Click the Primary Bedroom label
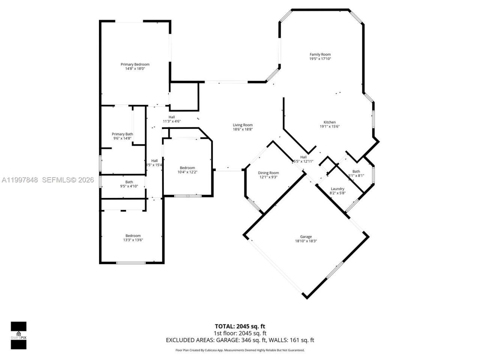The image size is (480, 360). (135, 64)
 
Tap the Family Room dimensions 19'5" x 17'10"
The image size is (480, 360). (320, 59)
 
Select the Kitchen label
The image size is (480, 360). (330, 122)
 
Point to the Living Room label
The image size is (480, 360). (243, 125)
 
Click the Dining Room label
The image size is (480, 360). (268, 173)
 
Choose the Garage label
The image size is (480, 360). (306, 237)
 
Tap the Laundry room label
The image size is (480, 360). (337, 189)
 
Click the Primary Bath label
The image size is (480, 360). (122, 134)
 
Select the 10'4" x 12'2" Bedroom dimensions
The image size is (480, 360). (187, 172)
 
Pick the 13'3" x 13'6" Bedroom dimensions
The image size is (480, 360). (133, 240)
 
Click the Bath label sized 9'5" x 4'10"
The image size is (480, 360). (129, 182)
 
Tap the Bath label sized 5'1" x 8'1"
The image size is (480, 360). (356, 171)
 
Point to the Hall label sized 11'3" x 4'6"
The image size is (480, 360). (172, 117)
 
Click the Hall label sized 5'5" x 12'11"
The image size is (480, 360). (303, 157)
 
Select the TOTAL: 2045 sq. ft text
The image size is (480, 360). (240, 326)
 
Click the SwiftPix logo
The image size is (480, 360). (18, 335)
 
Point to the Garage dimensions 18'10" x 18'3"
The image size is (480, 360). (306, 241)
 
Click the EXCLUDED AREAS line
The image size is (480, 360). (240, 340)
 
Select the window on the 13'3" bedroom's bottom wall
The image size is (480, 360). (130, 262)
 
